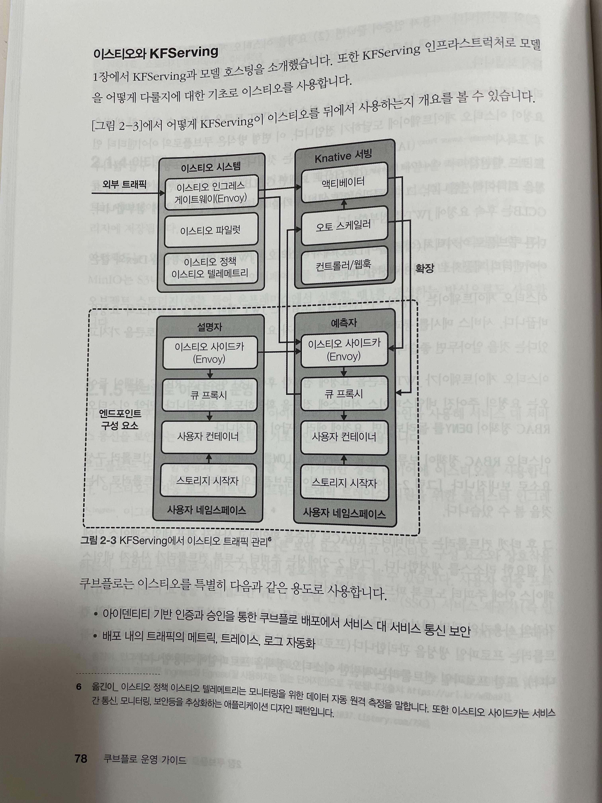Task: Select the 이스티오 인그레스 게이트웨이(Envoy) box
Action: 211,193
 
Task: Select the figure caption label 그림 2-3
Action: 98,540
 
